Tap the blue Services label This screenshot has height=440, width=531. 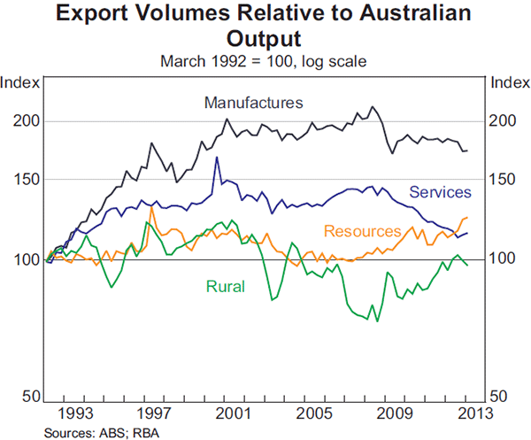click(x=439, y=191)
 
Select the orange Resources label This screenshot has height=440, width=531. click(x=362, y=231)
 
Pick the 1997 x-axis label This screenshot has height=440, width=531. click(x=154, y=413)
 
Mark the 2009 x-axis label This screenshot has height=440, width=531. click(x=387, y=413)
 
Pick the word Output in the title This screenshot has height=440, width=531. click(x=264, y=38)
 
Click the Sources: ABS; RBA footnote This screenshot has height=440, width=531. click(x=100, y=432)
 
